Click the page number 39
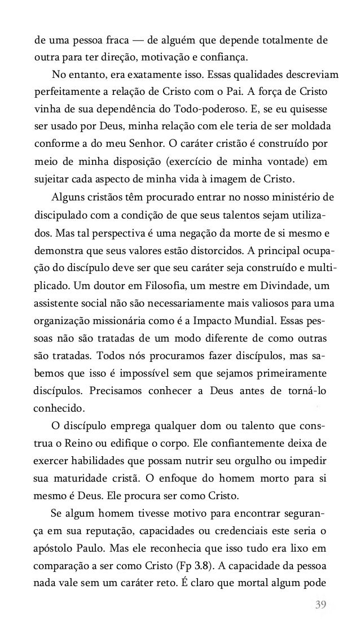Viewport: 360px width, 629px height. (321, 605)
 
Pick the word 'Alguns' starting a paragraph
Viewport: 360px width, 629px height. (68, 198)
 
